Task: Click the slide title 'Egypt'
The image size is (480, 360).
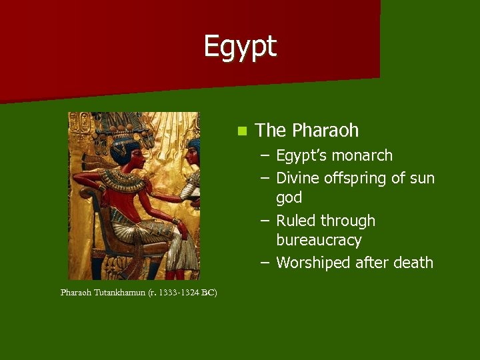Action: click(240, 47)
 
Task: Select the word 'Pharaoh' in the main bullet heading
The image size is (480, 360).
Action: click(325, 130)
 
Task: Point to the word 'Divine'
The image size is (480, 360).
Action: click(297, 178)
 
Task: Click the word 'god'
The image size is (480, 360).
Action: click(289, 198)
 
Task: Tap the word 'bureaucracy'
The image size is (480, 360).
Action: click(319, 240)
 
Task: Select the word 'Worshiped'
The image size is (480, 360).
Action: click(313, 263)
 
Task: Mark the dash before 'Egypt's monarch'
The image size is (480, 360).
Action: click(265, 156)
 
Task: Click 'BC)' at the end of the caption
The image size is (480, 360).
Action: click(209, 293)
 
